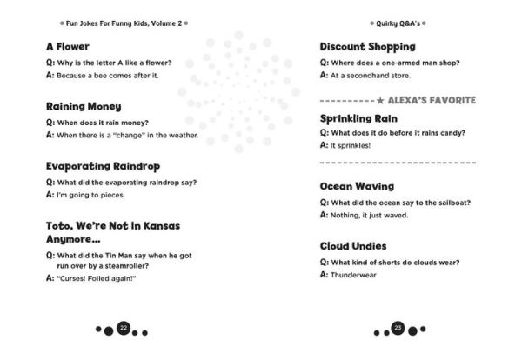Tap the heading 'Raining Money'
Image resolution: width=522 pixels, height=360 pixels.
(84, 105)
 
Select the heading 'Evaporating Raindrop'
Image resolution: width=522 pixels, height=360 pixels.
(103, 165)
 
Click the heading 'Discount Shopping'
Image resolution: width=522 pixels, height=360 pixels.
(367, 46)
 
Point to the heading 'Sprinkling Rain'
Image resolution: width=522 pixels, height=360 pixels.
(359, 117)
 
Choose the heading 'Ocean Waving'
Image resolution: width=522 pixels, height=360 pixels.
(357, 186)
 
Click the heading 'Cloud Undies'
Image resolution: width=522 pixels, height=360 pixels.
(353, 246)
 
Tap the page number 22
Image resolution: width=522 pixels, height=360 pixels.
(124, 328)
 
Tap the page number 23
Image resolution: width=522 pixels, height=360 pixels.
(398, 328)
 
